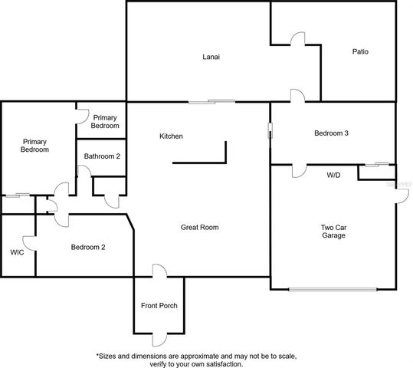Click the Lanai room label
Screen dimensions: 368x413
(212, 56)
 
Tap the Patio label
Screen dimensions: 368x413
(360, 52)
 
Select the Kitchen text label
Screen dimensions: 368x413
(171, 136)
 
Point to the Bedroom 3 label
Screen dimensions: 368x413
(331, 133)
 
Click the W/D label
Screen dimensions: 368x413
(333, 175)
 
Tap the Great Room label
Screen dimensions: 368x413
(200, 227)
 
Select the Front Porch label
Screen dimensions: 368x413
(159, 305)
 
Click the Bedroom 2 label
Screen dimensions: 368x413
(88, 247)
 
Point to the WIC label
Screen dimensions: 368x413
(18, 251)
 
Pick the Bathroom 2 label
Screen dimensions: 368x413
(102, 156)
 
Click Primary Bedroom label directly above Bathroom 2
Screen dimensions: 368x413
(105, 121)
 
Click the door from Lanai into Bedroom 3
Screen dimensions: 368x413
(297, 96)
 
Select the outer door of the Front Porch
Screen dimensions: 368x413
(159, 339)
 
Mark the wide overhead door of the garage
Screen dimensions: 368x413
(333, 289)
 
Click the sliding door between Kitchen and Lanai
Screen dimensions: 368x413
(212, 101)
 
